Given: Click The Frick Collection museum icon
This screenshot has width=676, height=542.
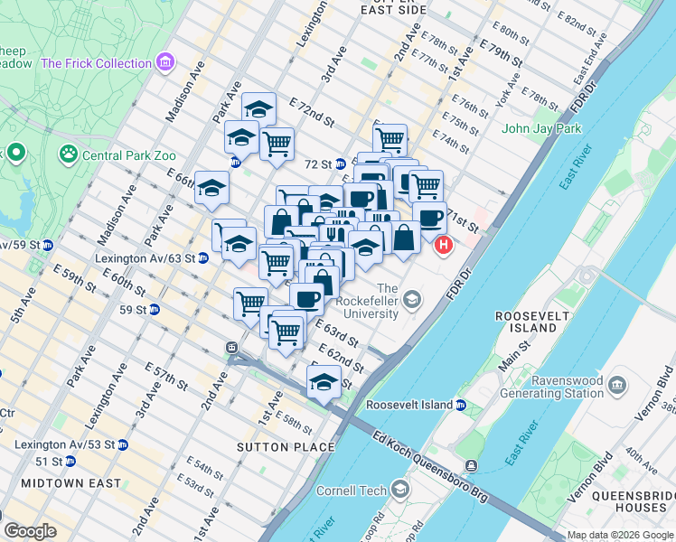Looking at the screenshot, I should click(x=165, y=62).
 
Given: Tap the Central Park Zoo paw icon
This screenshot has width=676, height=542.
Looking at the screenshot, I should click(x=68, y=154).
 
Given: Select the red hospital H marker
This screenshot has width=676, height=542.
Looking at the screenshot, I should click(x=444, y=245).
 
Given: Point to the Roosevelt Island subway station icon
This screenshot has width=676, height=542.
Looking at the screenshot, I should click(x=461, y=405).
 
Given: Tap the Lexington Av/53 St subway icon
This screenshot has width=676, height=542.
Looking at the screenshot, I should click(x=123, y=444).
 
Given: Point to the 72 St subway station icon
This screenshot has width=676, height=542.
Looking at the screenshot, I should click(x=341, y=164).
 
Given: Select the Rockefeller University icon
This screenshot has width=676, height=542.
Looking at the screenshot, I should click(x=412, y=298).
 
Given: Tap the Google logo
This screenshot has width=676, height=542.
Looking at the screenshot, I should click(x=30, y=531).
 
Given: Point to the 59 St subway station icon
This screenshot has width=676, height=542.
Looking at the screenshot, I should click(x=155, y=310).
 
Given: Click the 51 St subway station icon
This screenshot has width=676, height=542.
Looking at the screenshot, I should click(x=71, y=462).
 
